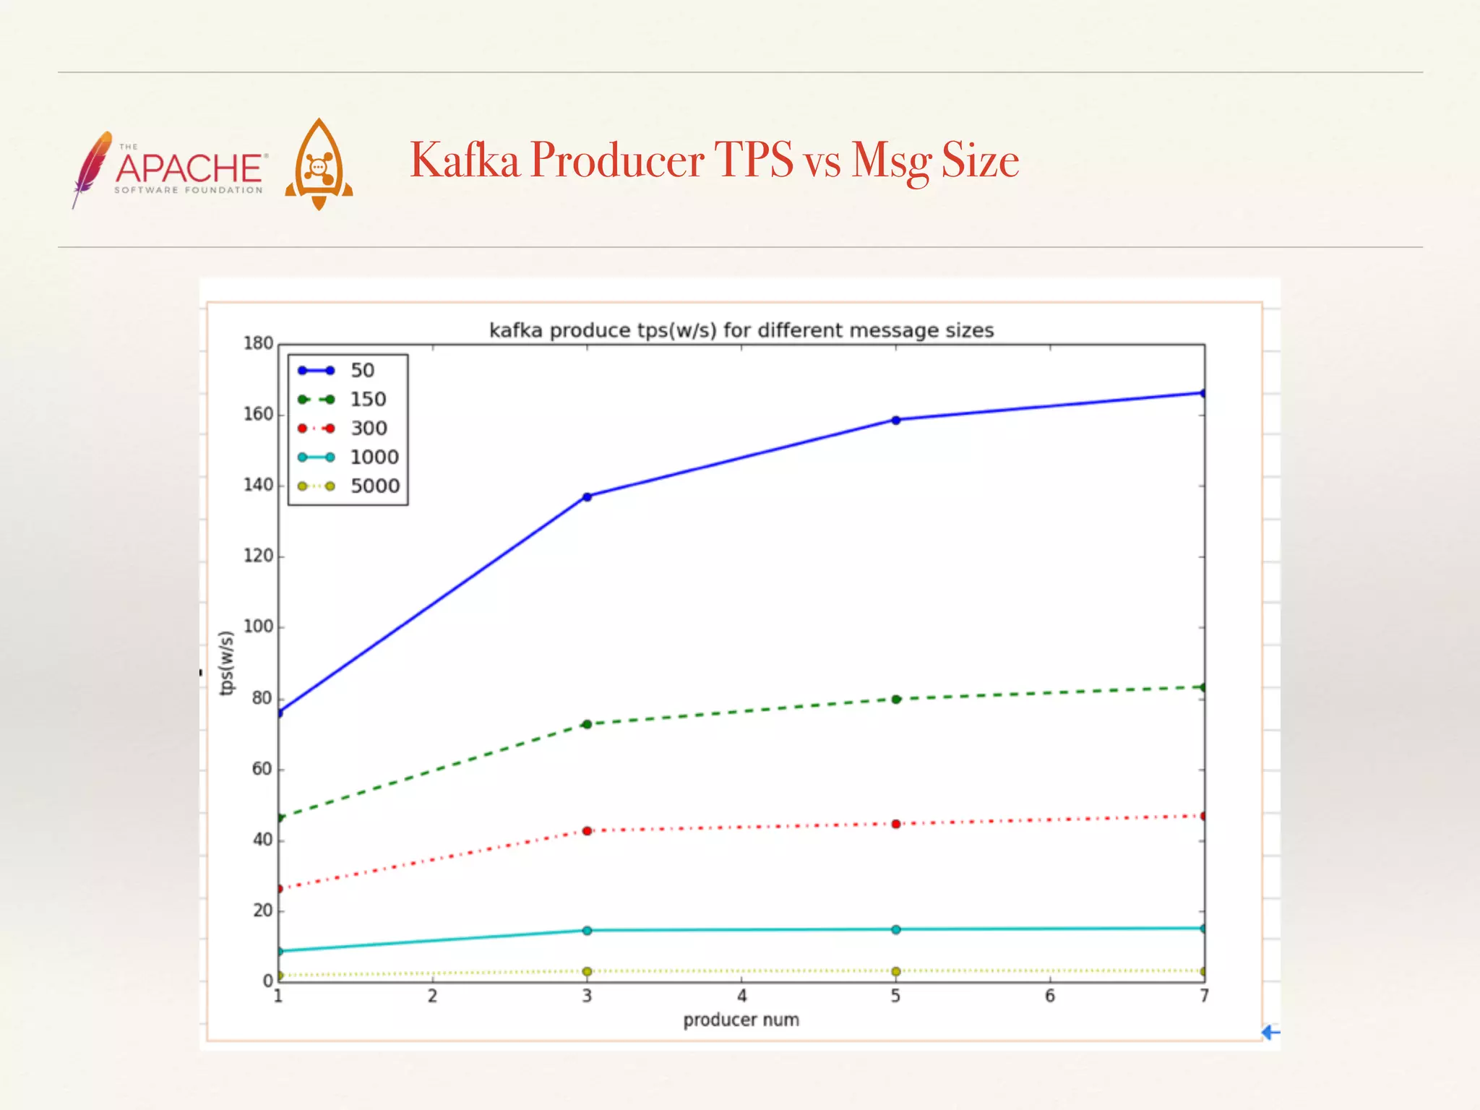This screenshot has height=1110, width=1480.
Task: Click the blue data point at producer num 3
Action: pos(587,496)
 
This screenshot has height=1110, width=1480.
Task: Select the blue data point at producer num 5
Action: pos(896,420)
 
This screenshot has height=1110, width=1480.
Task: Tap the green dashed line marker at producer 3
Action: pos(587,724)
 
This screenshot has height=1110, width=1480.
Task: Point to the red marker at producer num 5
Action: pos(896,824)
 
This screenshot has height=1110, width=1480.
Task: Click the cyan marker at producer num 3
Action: pos(587,930)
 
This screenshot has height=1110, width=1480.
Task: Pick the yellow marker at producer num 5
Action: pos(896,971)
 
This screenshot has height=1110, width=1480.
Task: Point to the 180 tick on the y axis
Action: pos(258,343)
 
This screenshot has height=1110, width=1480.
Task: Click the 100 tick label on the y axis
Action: pos(258,627)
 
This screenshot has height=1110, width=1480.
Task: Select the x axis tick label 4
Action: pos(741,997)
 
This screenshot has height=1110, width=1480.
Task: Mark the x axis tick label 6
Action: pos(1050,997)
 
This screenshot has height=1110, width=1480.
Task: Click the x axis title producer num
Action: pos(741,1020)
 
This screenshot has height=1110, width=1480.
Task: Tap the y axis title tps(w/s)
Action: pos(227,663)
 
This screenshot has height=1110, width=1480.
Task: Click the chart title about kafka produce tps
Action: pos(741,330)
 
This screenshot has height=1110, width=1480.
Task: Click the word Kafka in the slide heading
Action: pos(465,160)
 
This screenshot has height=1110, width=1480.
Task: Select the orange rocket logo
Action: pos(319,165)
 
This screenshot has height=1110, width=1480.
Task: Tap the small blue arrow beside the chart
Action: pos(1270,1033)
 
